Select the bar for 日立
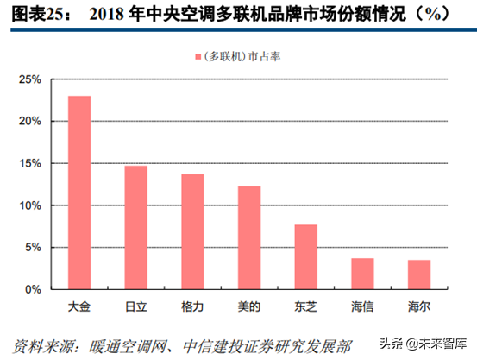coord(136,227)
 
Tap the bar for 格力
coord(192,231)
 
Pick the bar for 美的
coord(249,237)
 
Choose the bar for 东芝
coord(306,256)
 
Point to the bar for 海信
coord(362,274)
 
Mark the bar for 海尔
coord(419,275)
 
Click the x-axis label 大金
coord(79,306)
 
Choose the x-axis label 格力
coord(192,306)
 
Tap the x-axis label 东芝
coord(306,306)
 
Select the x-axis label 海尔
coord(419,306)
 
